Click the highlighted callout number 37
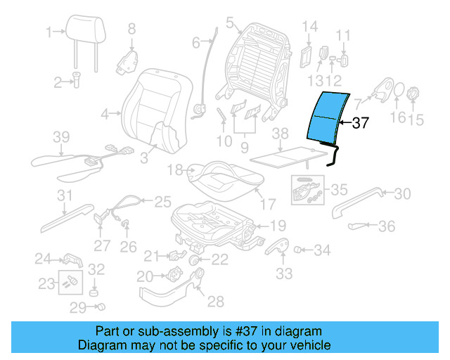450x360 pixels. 360,124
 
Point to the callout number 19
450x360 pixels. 279,226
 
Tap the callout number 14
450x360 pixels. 310,27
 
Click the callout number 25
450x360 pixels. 162,202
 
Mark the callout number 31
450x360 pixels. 65,195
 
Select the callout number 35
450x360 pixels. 340,189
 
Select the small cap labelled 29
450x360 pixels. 101,307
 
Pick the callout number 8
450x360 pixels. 131,29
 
